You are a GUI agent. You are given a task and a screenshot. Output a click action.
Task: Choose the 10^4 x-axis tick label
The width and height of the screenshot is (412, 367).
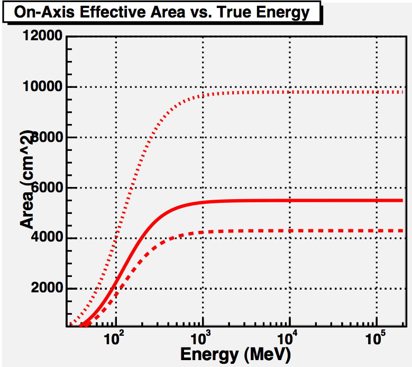tap(288, 339)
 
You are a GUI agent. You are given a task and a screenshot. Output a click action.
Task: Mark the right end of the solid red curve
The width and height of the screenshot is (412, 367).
tap(402, 200)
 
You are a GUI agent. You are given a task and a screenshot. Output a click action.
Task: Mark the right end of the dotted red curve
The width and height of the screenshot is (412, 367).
tap(402, 92)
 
